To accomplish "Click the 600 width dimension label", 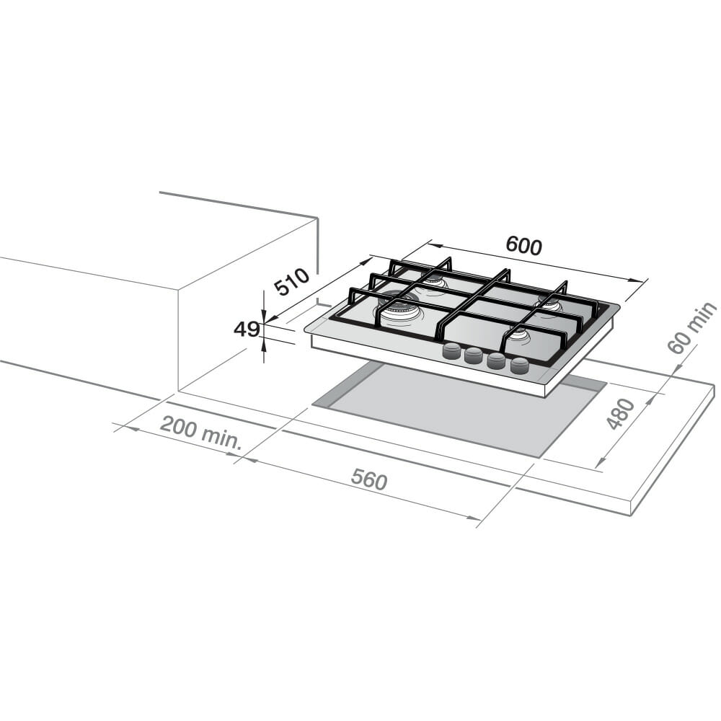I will tap(523, 246).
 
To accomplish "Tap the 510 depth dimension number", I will tap(292, 282).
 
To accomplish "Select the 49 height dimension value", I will tap(247, 329).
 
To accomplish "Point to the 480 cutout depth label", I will tap(621, 414).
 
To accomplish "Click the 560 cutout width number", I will tap(369, 480).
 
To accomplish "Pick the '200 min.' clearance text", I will tap(200, 433).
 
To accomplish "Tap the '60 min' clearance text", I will tap(691, 328).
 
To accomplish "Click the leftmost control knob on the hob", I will tap(452, 351).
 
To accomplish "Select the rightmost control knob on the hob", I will tap(520, 365).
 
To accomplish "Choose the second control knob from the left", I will tap(474, 355).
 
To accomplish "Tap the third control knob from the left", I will tap(497, 360).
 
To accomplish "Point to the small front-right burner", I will tap(519, 335).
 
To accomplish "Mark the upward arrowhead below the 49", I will tap(265, 345).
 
